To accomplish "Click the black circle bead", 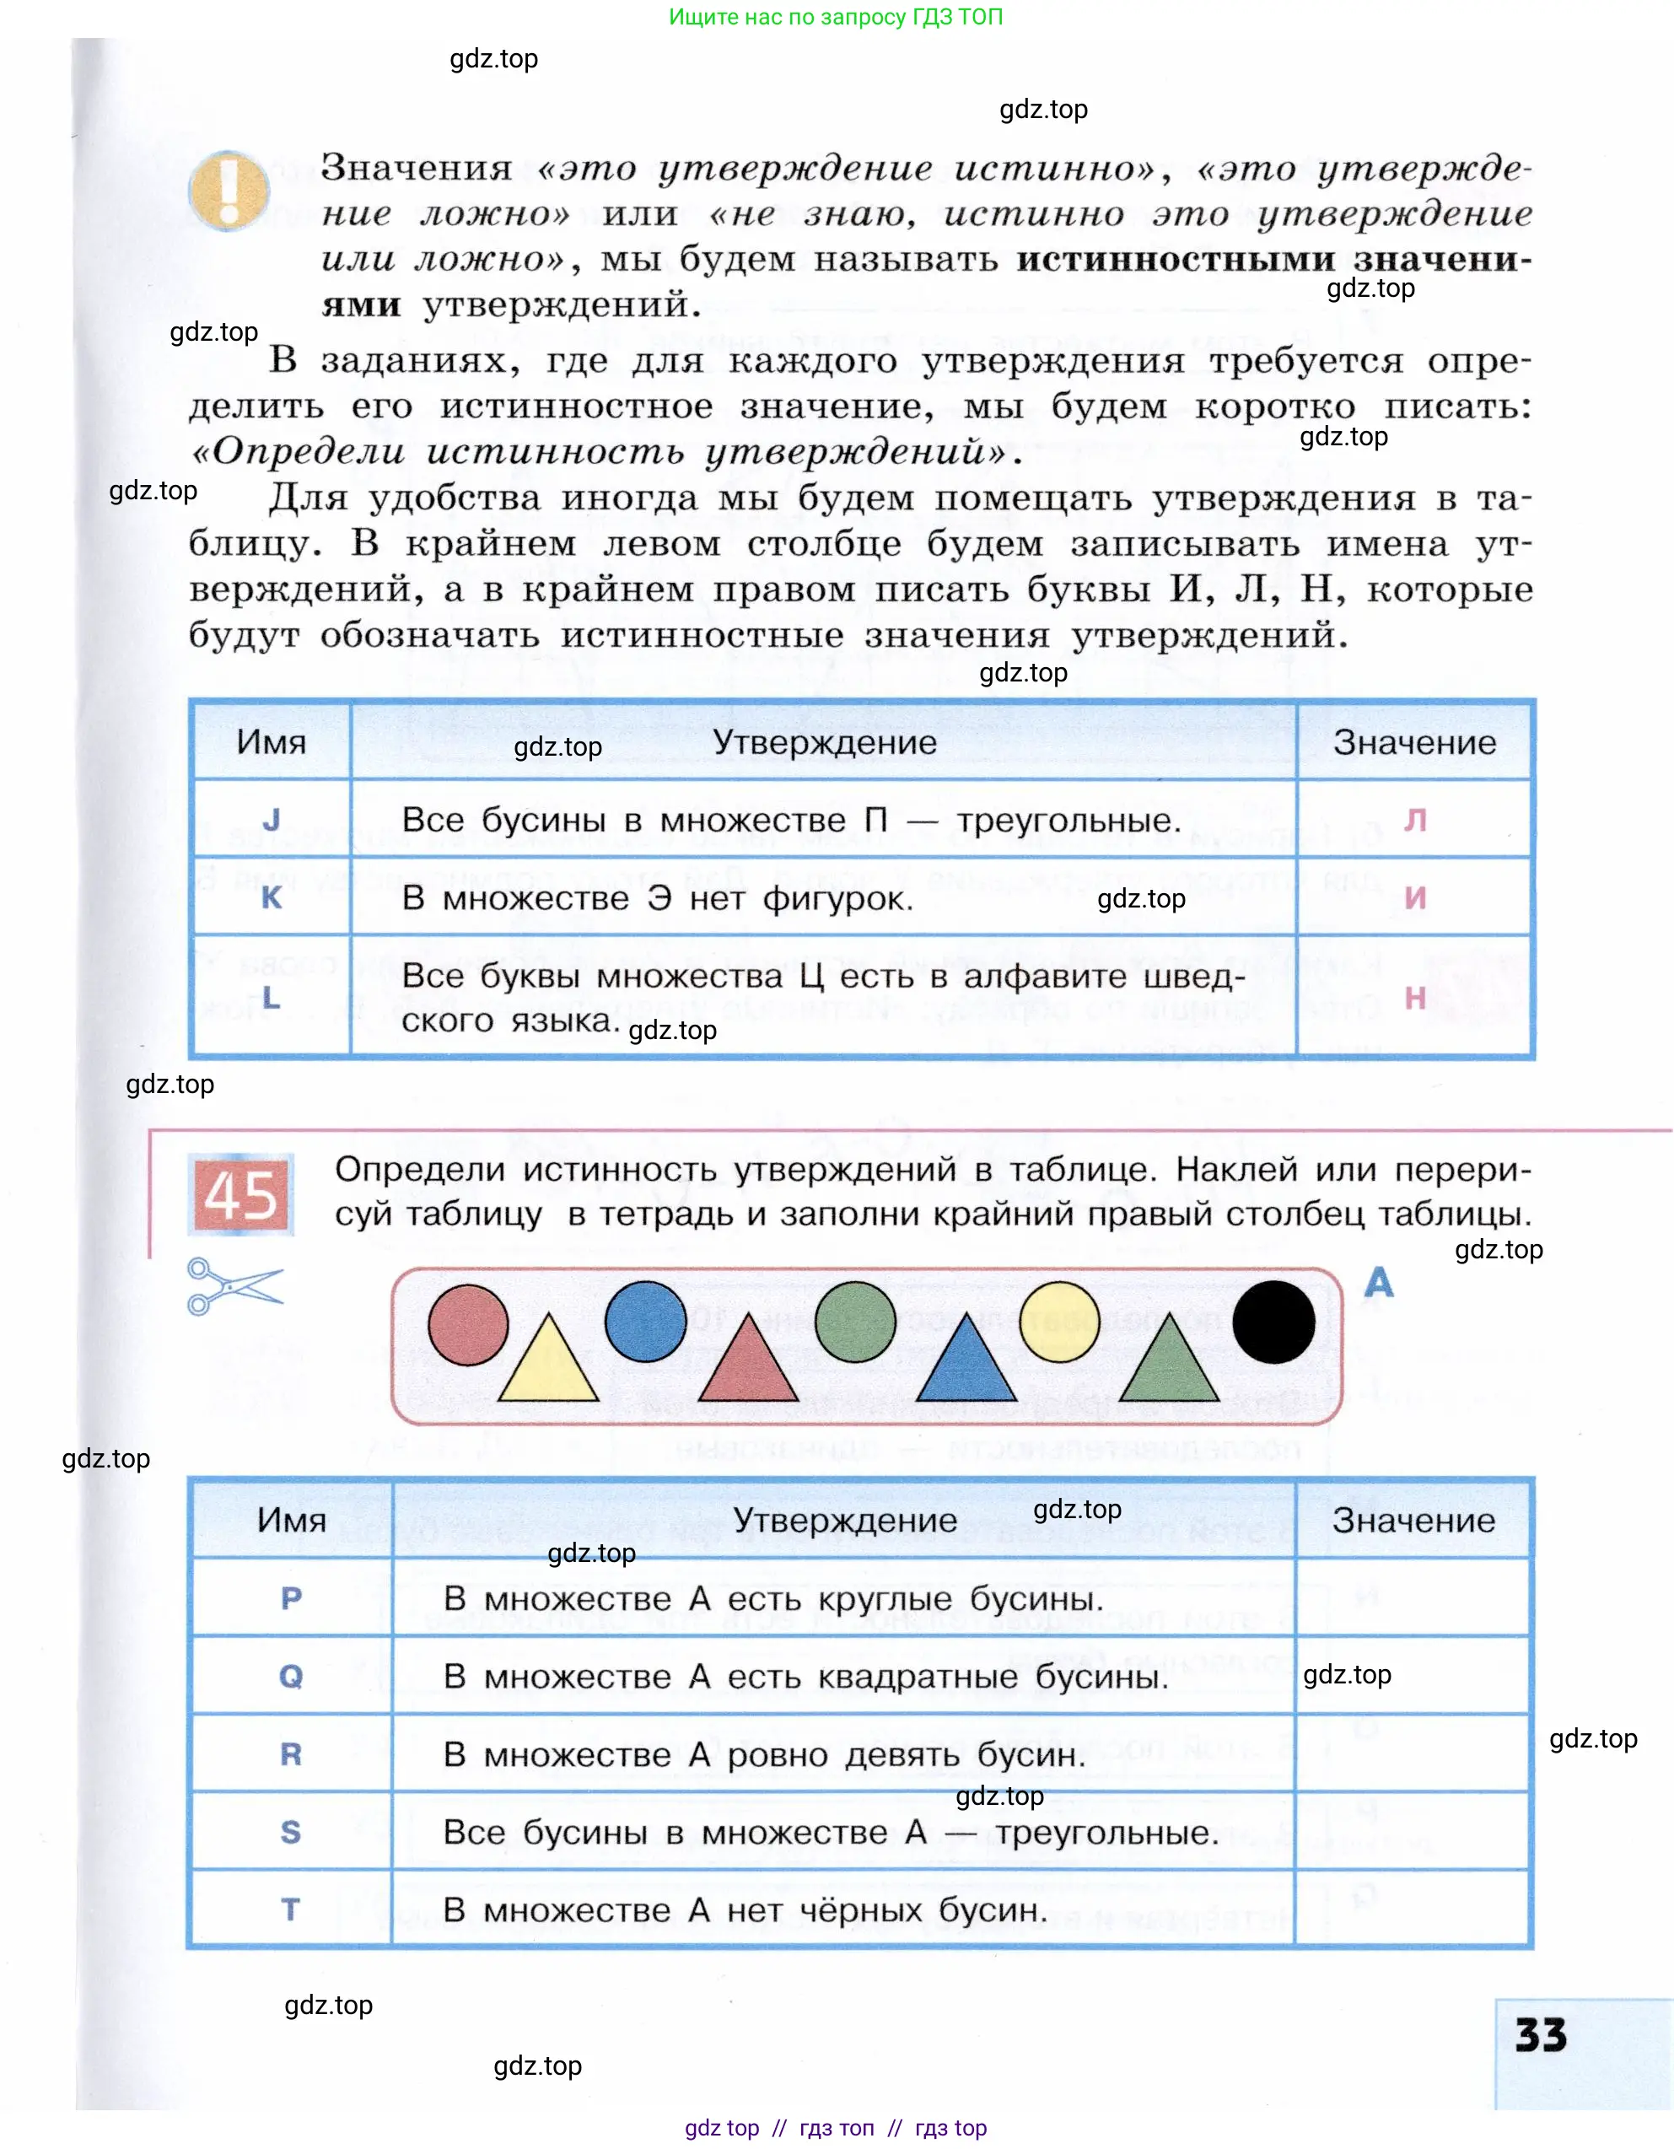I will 1273,1322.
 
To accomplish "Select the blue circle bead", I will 646,1321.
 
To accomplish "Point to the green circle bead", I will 856,1321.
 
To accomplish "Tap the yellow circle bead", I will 1059,1322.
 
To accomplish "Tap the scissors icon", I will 234,1285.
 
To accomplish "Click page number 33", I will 1540,2035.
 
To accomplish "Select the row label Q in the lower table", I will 291,1676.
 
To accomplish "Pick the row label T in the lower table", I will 290,1909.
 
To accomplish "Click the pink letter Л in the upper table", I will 1415,820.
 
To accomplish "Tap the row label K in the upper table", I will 272,897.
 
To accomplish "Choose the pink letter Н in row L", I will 1415,998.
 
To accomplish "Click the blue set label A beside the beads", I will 1379,1282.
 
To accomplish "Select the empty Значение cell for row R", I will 1413,1753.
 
